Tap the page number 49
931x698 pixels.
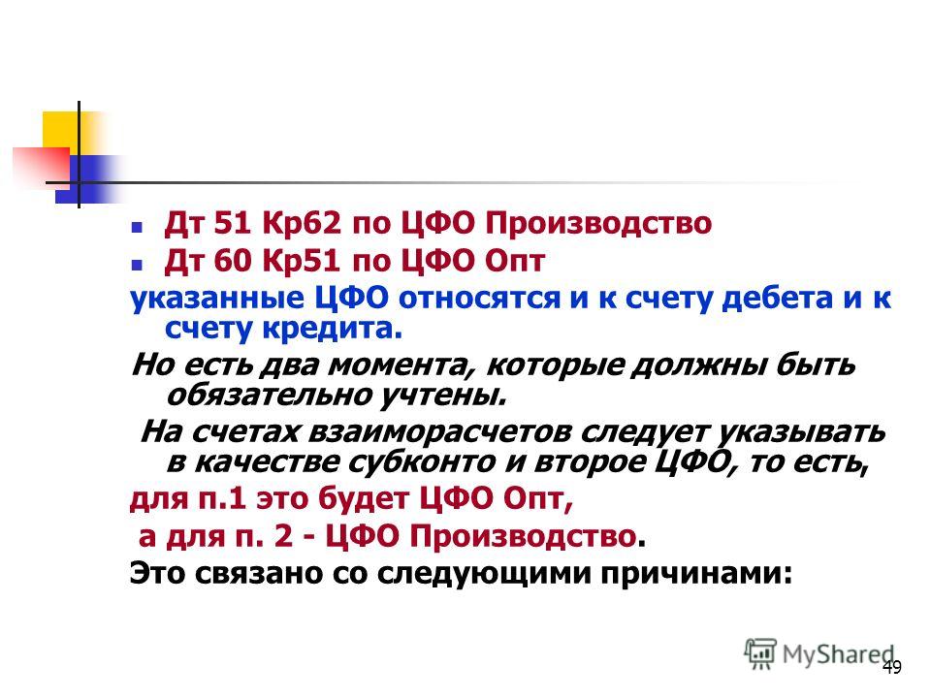pyautogui.click(x=891, y=667)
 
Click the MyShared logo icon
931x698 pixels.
pyautogui.click(x=760, y=654)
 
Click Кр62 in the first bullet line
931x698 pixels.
pyautogui.click(x=302, y=223)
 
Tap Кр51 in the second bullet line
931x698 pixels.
pyautogui.click(x=302, y=261)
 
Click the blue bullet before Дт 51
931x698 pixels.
pyautogui.click(x=137, y=227)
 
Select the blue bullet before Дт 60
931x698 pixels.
pyautogui.click(x=137, y=264)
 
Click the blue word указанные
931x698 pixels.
pyautogui.click(x=216, y=298)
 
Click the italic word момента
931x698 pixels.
pyautogui.click(x=398, y=365)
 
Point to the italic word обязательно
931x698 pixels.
pyautogui.click(x=269, y=395)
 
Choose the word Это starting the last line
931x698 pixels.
pyautogui.click(x=157, y=573)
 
